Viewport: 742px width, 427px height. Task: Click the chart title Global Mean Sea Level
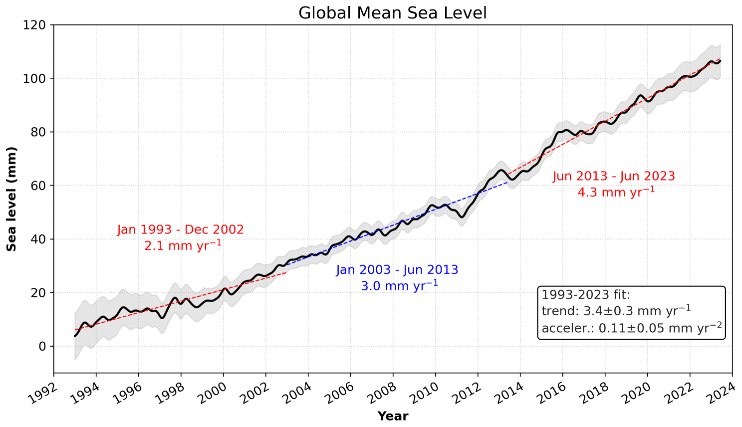(392, 13)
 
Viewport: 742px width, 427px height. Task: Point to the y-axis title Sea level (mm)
(11, 199)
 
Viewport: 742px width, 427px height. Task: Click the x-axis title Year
(393, 416)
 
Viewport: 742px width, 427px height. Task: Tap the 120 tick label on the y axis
(35, 25)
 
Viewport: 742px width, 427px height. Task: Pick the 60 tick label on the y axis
(38, 186)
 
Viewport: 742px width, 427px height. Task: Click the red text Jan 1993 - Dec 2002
(181, 230)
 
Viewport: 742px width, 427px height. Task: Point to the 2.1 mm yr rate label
(183, 245)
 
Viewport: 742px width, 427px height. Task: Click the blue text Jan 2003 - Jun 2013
(397, 270)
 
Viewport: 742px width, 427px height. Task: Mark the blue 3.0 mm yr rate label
(399, 286)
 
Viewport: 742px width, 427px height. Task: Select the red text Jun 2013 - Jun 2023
(614, 177)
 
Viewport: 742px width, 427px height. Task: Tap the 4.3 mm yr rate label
(616, 192)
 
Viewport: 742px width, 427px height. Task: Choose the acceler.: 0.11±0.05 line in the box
(631, 328)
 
